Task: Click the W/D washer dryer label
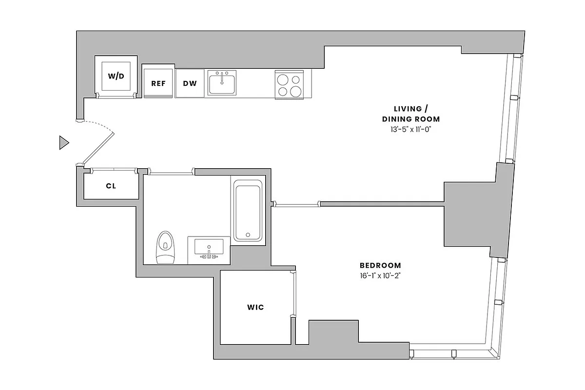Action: tap(116, 77)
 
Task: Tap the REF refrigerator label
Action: tap(158, 83)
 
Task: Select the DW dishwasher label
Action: tap(190, 83)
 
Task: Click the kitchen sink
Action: tap(222, 83)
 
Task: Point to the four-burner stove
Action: tap(290, 85)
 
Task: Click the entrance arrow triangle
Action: tap(63, 143)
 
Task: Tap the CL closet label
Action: tap(111, 186)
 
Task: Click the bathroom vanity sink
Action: tap(209, 248)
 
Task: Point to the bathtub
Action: tap(248, 210)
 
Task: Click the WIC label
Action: tap(255, 308)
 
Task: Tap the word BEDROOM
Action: tap(380, 266)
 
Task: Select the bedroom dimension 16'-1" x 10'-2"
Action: tap(380, 275)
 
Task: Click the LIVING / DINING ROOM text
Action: tap(410, 114)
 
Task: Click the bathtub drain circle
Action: tap(248, 235)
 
